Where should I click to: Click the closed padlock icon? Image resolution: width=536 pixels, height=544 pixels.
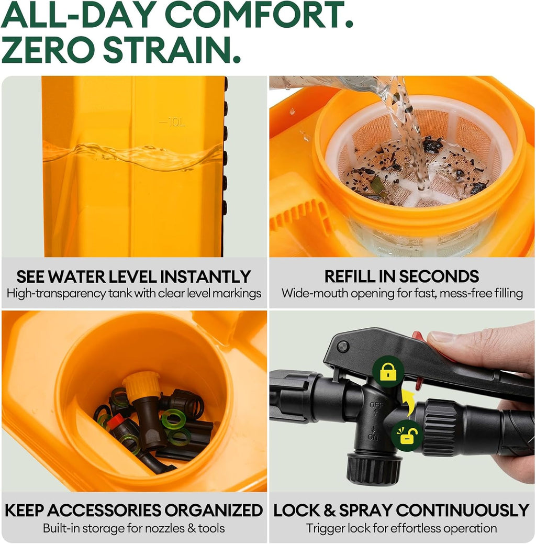[388, 372]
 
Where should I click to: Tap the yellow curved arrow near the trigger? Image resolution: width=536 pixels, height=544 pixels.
[408, 403]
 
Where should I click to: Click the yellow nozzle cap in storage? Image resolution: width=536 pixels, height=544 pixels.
[141, 385]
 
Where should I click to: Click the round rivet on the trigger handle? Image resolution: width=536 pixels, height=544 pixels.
[342, 347]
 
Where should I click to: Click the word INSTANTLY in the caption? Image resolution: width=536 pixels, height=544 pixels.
[205, 277]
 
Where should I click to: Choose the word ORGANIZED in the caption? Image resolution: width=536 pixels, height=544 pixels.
[214, 510]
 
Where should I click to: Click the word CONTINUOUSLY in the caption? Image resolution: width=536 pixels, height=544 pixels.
[462, 510]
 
